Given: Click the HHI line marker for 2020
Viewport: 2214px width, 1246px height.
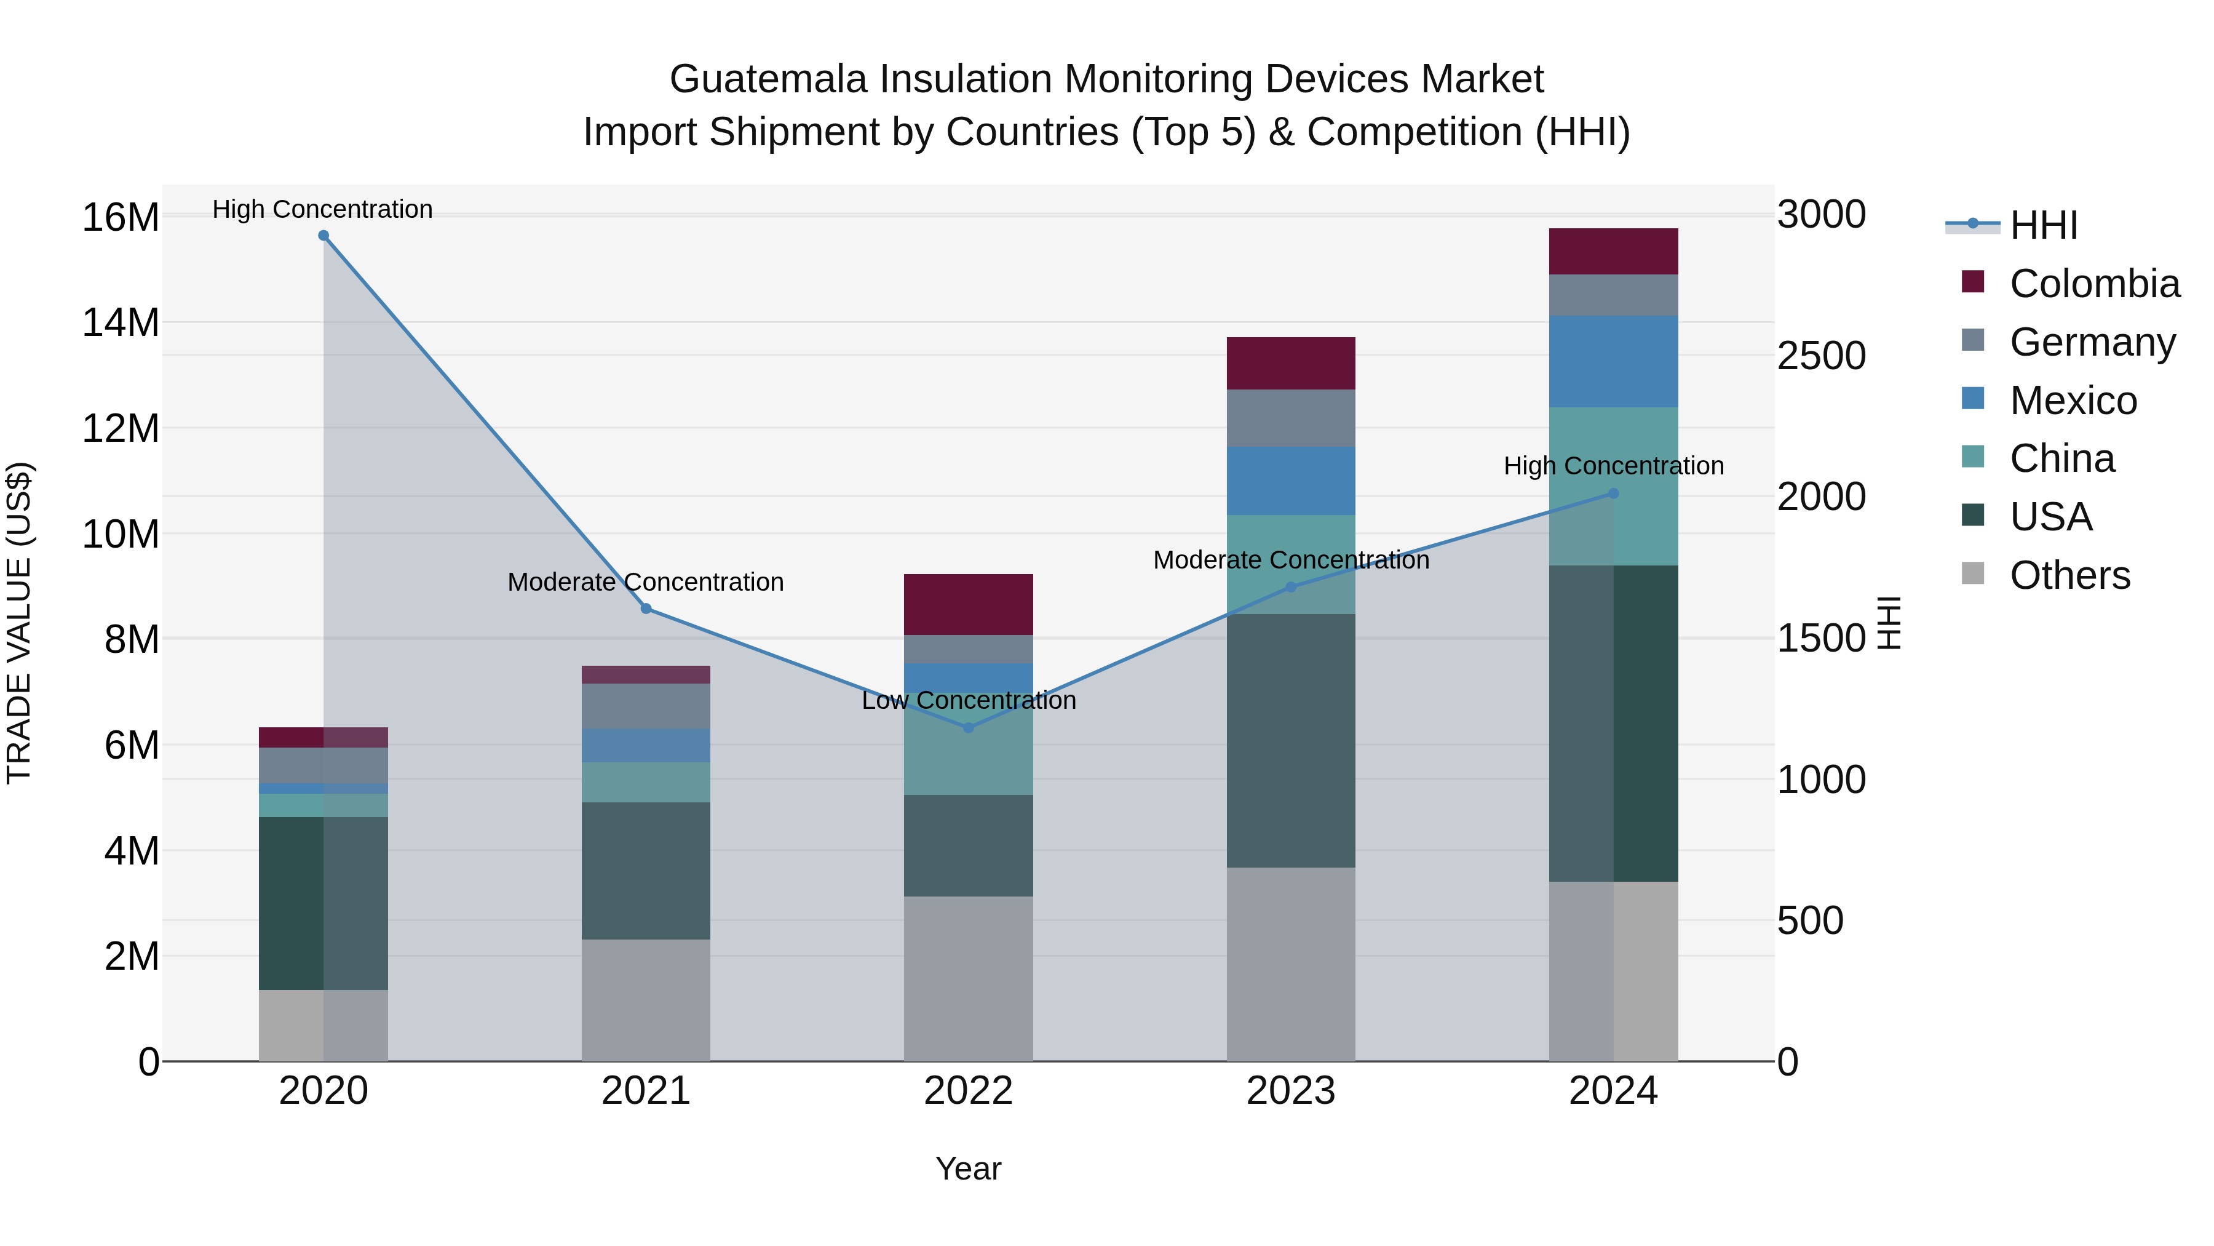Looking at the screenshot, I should tap(323, 236).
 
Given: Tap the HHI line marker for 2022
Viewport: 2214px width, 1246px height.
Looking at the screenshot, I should tap(969, 727).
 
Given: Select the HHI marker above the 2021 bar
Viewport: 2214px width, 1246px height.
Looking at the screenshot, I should tap(646, 609).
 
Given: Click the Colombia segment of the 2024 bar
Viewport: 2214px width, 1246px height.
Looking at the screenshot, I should tap(1613, 251).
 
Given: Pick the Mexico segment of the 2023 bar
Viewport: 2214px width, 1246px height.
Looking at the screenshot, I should tap(1290, 481).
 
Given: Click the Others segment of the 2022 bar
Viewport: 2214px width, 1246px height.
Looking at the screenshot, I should tap(969, 978).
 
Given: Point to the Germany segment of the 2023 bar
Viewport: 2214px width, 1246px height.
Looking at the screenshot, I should tap(1290, 418).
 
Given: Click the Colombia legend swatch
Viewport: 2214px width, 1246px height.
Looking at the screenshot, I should tap(1974, 282).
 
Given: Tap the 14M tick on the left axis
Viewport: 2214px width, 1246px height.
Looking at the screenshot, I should tap(121, 323).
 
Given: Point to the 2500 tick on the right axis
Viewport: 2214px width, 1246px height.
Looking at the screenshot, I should tap(1821, 356).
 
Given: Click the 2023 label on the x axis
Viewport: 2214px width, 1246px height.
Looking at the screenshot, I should tap(1290, 1091).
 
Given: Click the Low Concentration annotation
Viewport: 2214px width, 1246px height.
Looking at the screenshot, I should tap(969, 700).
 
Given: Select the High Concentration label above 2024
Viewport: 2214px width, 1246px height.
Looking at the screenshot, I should tap(1613, 466).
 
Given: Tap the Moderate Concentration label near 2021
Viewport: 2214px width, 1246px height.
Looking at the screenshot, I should tap(646, 582).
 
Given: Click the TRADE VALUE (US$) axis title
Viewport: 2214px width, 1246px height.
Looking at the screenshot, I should tap(19, 623).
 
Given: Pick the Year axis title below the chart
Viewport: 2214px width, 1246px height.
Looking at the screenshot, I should tap(969, 1168).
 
